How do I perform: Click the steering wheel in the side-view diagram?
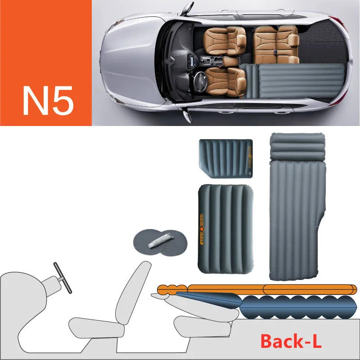point(63,277)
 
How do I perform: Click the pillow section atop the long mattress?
point(297,147)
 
